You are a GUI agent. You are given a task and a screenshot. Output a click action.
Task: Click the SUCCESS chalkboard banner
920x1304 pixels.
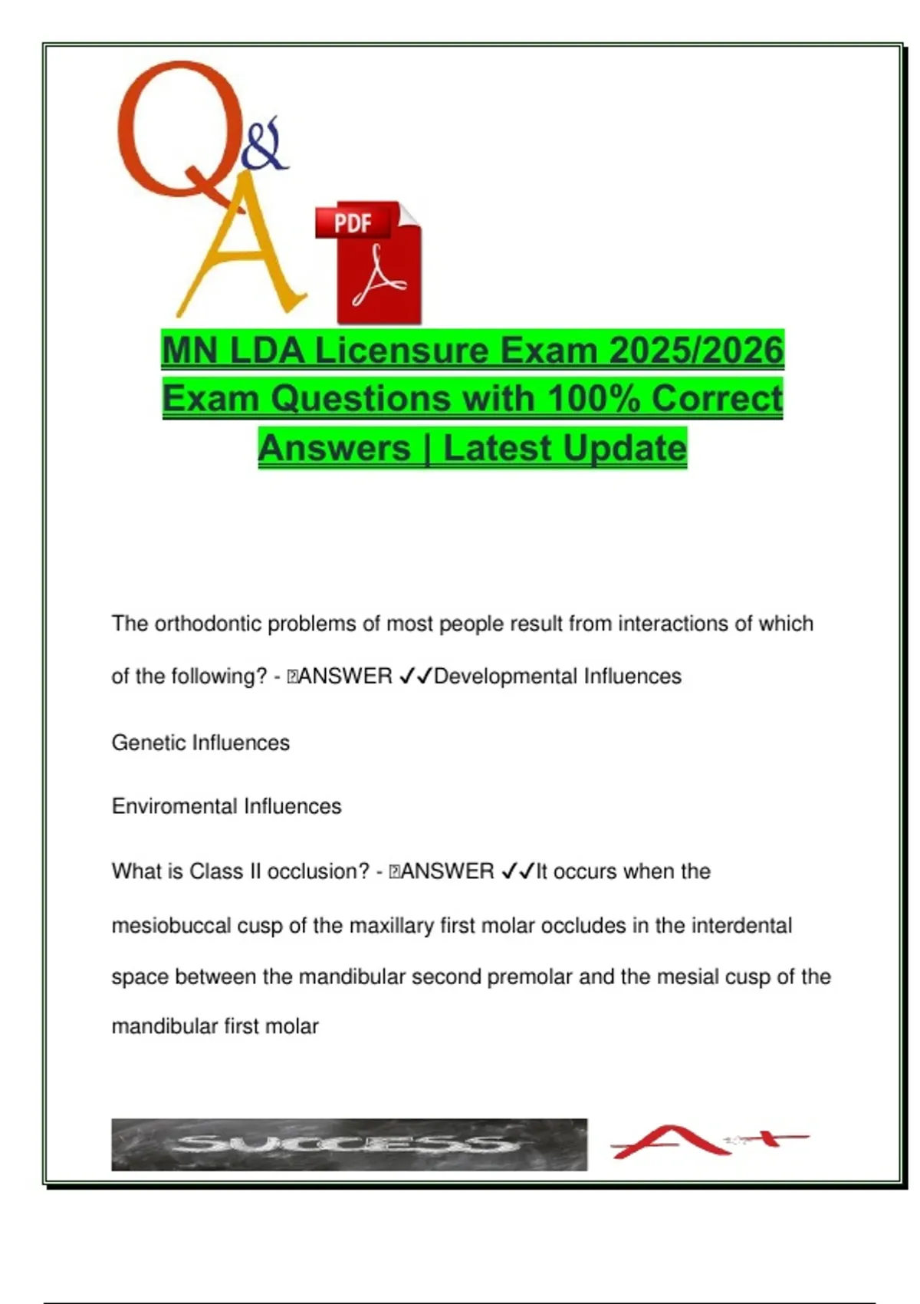click(349, 1144)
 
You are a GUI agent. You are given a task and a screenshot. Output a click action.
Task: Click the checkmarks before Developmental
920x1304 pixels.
click(416, 677)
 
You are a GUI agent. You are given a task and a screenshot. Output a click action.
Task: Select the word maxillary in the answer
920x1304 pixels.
click(391, 926)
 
